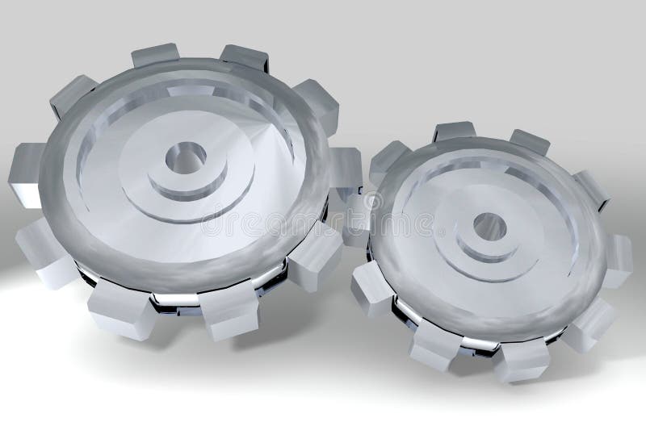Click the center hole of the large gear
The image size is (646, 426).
186,157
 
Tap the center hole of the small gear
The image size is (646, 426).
489,227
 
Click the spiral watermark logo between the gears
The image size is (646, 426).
373,201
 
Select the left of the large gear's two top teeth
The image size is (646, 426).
155,54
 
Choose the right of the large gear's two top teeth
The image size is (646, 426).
245,57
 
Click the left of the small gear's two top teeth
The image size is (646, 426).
455,131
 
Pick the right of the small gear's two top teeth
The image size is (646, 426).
529,141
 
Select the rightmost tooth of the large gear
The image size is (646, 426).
346,169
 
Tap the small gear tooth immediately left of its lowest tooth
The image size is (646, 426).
435,344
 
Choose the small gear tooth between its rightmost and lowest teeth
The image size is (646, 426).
589,323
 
